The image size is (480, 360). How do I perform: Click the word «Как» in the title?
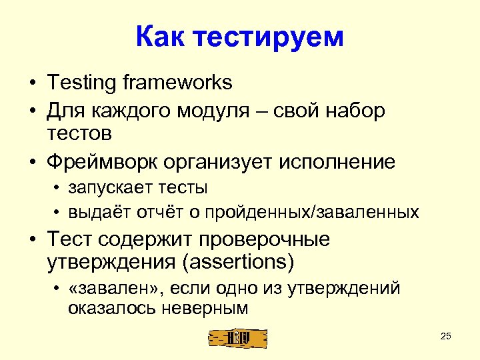click(x=162, y=37)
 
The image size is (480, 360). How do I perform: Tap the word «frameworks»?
click(x=178, y=83)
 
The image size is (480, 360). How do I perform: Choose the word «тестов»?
click(x=79, y=133)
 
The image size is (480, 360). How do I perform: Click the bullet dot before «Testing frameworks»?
click(x=32, y=84)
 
